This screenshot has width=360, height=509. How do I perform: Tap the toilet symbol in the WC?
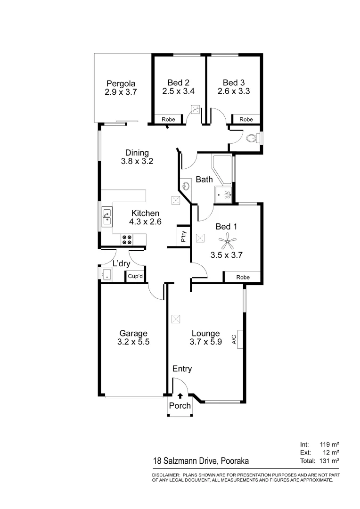[x=253, y=139]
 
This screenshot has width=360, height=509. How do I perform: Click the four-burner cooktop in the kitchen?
[x=127, y=239]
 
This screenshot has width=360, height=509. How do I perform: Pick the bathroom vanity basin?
[x=186, y=186]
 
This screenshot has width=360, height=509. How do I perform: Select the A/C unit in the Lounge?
[x=239, y=339]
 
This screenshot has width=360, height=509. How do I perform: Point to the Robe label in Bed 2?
[x=168, y=120]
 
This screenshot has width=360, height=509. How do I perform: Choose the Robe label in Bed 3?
[x=246, y=120]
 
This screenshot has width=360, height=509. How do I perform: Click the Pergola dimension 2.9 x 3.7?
[x=121, y=93]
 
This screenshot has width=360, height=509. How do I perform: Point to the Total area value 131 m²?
[x=329, y=460]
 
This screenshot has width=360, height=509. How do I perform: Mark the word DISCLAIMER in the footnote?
[x=165, y=475]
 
